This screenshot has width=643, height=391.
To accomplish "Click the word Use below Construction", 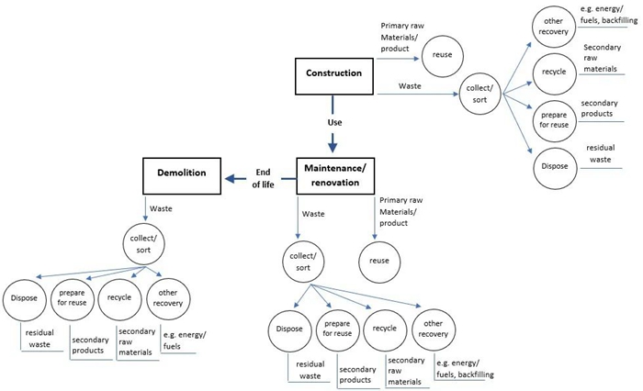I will (333, 119).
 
